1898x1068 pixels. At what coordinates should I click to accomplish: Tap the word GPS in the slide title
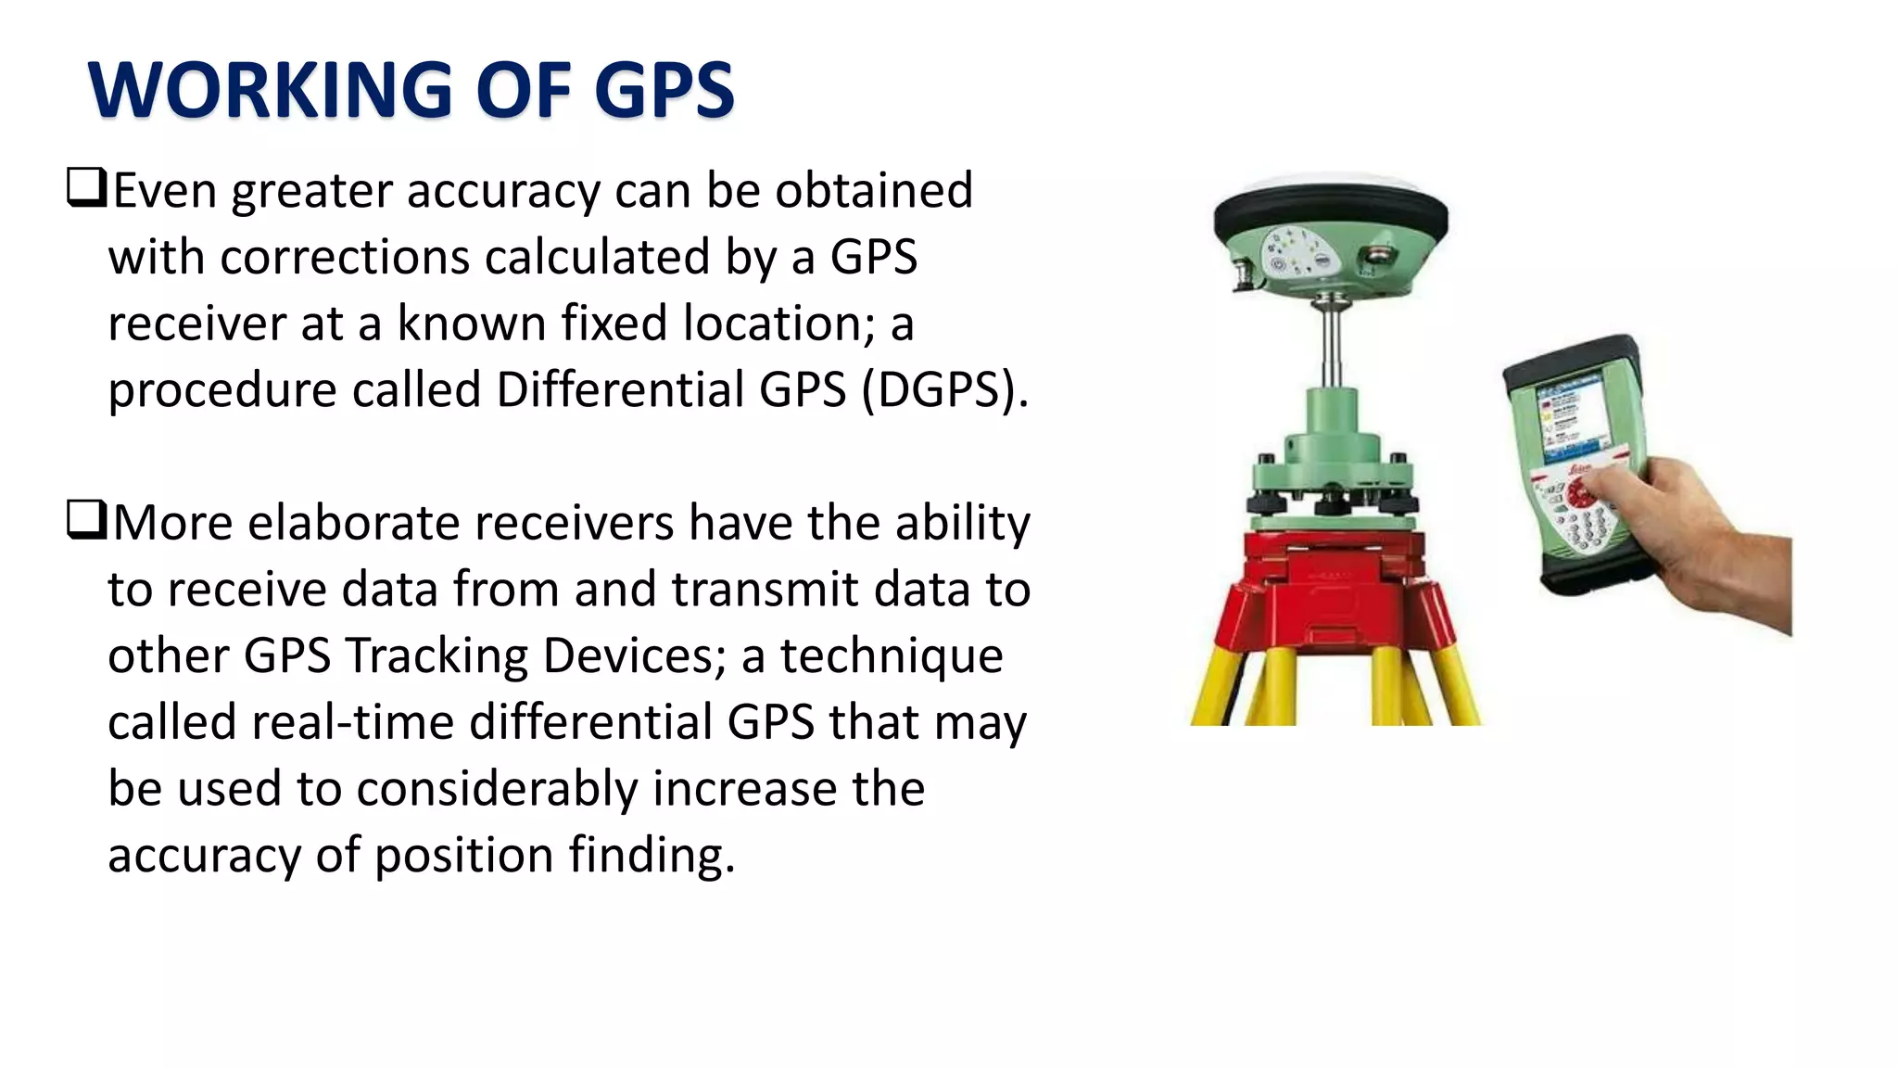[664, 90]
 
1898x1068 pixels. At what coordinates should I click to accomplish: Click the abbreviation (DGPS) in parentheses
[945, 389]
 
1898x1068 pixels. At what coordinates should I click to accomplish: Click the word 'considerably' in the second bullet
[496, 789]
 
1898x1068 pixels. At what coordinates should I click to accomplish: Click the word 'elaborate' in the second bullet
[354, 523]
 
